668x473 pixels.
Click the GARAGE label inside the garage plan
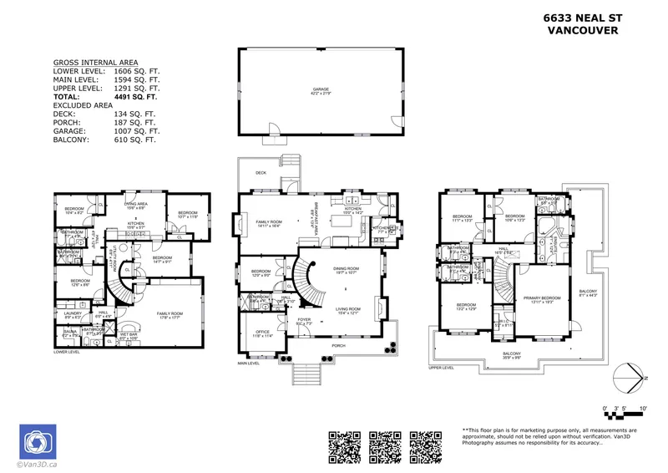(x=321, y=89)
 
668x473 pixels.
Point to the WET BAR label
(x=128, y=334)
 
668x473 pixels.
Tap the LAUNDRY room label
(x=72, y=313)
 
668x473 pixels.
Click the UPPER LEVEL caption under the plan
(x=442, y=367)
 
